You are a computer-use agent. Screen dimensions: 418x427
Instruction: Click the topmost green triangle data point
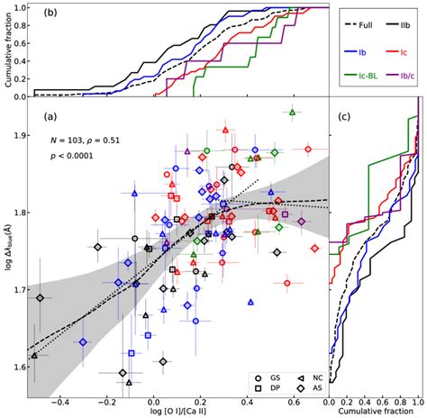pyautogui.click(x=292, y=113)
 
